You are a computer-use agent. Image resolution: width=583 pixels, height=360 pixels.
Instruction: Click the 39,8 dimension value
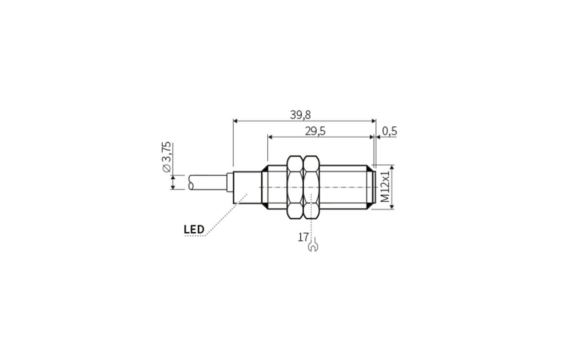300,115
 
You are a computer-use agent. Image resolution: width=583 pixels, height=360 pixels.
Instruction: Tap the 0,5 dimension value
390,131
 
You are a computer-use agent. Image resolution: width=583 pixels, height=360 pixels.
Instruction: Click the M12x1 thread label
385,187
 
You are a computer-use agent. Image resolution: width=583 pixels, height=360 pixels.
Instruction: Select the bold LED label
194,229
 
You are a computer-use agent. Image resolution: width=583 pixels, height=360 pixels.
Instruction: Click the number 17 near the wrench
303,237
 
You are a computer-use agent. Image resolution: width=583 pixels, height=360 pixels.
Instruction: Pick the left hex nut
295,187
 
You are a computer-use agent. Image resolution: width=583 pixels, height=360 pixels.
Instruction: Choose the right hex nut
310,187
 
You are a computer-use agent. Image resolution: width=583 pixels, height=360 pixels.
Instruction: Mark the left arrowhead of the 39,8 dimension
236,121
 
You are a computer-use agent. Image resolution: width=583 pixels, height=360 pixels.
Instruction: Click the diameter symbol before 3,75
167,168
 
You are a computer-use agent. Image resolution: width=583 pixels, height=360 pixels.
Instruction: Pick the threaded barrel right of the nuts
343,187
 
